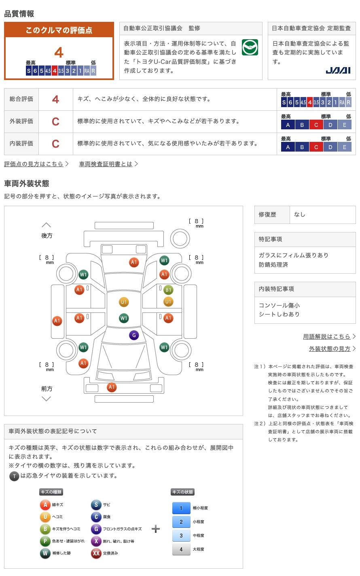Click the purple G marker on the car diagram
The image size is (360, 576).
coord(134,335)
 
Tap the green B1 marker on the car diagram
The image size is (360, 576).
coord(168,289)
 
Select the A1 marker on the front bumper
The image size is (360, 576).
coord(112,387)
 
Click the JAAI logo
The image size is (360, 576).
coord(338,70)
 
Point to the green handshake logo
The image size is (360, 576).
coord(250,48)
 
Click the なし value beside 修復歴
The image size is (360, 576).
coord(300,215)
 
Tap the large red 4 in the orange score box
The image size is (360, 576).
coord(59,53)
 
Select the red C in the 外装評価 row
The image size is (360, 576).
coord(56,121)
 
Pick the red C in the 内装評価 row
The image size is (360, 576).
coord(56,143)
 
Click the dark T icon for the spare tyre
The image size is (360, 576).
coord(14,476)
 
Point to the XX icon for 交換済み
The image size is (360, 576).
coord(96,553)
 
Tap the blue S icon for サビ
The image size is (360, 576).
coord(96,504)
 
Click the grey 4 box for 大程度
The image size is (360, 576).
coord(181,549)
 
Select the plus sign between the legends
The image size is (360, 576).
coord(156,529)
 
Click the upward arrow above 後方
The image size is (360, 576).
coord(47,225)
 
